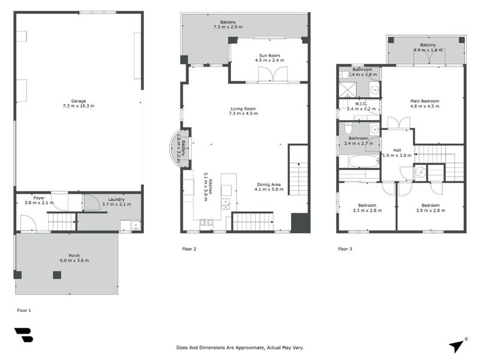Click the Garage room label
click(79, 101)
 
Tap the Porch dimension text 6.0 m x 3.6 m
click(74, 260)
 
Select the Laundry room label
click(116, 199)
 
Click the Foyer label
click(39, 198)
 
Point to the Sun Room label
click(269, 55)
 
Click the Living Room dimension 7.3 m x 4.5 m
click(244, 113)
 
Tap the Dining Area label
click(269, 185)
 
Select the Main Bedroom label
click(425, 101)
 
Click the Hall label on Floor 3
click(397, 151)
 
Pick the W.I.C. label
click(361, 104)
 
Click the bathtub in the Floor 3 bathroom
click(364, 161)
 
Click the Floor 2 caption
click(189, 249)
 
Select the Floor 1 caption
click(24, 310)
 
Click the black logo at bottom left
click(23, 335)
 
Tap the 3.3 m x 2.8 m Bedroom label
click(367, 208)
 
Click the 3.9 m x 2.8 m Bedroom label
click(430, 208)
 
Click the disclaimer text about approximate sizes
click(239, 347)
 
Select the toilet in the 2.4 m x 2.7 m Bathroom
click(348, 128)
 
